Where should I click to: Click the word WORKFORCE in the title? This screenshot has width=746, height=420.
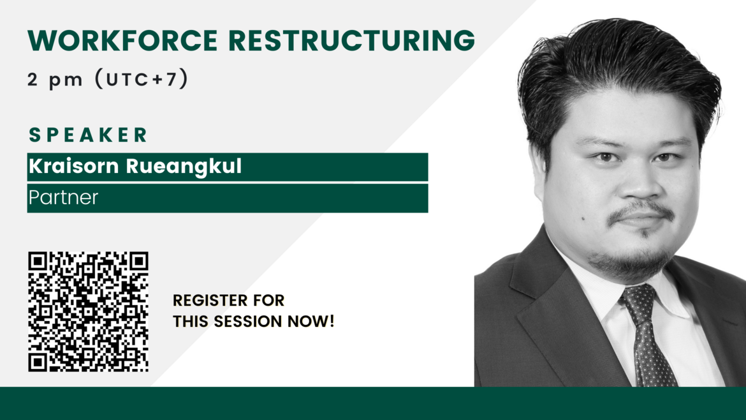123,40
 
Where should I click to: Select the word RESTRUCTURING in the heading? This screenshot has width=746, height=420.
351,40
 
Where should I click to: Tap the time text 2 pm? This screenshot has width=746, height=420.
55,80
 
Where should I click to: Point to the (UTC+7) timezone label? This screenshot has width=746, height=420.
142,79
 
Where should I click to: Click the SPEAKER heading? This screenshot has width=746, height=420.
89,135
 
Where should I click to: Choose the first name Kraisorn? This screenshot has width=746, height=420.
74,166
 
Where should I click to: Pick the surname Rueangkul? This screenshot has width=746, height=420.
184,167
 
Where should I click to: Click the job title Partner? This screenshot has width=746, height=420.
63,197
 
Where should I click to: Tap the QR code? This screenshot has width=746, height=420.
88,311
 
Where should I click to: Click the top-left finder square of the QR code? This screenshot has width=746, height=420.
38,262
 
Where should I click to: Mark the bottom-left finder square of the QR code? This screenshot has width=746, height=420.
38,362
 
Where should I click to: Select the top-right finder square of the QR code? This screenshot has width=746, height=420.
138,262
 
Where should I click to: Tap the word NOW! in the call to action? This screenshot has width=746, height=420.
311,322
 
